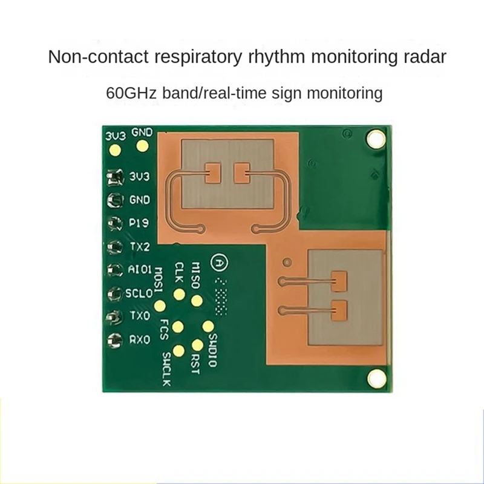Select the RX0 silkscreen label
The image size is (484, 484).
coord(140,340)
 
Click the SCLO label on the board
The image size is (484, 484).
coord(140,293)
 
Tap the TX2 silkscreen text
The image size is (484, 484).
coord(140,246)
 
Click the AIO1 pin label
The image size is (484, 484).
coord(140,269)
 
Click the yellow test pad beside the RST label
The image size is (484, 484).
coord(197,344)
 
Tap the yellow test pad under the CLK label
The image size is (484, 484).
coord(179,295)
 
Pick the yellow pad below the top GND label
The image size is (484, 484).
coord(143,146)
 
